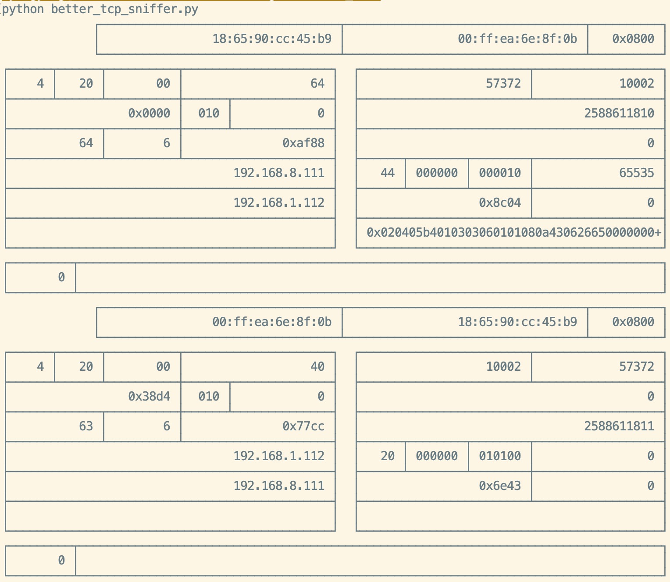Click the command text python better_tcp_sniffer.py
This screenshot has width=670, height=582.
click(x=100, y=9)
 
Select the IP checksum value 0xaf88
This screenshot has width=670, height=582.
click(x=303, y=143)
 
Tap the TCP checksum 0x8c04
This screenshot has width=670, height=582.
click(x=499, y=203)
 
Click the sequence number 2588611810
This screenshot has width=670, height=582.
click(x=619, y=114)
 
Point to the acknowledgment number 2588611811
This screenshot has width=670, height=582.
click(x=619, y=426)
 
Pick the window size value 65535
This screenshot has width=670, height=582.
click(x=636, y=173)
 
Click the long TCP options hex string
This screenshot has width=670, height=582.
click(x=513, y=233)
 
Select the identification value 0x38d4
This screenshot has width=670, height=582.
click(x=149, y=397)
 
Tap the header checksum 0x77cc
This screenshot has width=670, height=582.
click(x=303, y=426)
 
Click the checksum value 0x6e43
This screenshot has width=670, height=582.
click(x=499, y=486)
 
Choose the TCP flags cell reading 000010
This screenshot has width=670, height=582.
click(x=499, y=173)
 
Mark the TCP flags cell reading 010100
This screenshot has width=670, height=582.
click(x=499, y=456)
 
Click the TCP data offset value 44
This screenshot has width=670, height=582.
click(x=387, y=173)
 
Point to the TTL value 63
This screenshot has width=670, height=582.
click(x=86, y=426)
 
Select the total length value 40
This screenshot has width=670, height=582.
click(x=317, y=367)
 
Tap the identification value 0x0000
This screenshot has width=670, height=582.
click(x=149, y=114)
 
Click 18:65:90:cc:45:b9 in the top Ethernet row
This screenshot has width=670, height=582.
click(x=271, y=39)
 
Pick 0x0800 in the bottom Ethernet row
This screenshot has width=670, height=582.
click(x=633, y=322)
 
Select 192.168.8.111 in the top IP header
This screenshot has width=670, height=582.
click(x=278, y=173)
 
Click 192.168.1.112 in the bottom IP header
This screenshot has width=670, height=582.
click(x=278, y=456)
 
